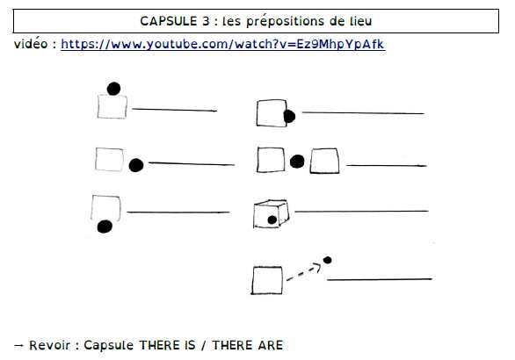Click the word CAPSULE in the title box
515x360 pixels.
coord(169,21)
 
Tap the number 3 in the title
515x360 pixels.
coord(206,21)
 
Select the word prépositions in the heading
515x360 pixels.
coord(285,22)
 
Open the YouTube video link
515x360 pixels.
coord(222,44)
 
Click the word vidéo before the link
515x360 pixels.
coord(31,43)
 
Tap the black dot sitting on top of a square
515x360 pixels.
coord(113,89)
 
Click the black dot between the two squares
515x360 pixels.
coord(297,162)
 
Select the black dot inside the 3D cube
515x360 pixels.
coord(272,220)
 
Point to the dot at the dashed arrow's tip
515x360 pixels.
coord(327,260)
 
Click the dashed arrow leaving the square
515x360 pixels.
coord(304,271)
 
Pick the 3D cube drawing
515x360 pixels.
coord(271,213)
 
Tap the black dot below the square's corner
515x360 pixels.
coord(105,227)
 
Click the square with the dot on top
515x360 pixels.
coord(112,106)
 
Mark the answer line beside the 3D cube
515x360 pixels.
coord(361,212)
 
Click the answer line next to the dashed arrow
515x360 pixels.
coord(380,279)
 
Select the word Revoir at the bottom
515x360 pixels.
coord(49,345)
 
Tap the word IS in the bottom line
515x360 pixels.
coord(188,345)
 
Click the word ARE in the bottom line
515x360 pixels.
coord(271,345)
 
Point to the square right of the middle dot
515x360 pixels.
coord(324,161)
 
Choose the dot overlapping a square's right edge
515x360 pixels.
coord(289,117)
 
